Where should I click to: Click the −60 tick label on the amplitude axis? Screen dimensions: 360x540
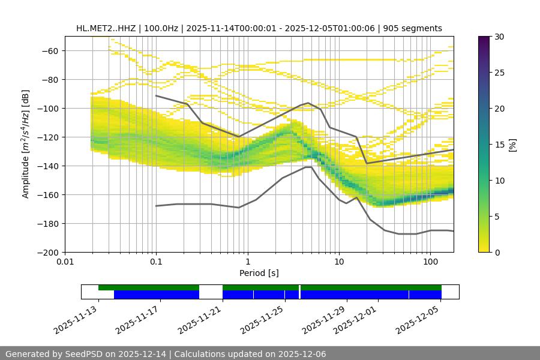click(50, 50)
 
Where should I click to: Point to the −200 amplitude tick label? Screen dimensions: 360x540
click(47, 252)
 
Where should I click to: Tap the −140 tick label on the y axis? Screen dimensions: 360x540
click(47, 166)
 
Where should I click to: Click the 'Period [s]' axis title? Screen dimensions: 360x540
click(259, 273)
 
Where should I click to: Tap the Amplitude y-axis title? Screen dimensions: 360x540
click(25, 144)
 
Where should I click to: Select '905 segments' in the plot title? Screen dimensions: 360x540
click(413, 28)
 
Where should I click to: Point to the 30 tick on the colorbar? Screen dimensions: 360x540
click(499, 37)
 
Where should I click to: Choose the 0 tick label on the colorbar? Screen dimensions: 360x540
click(497, 252)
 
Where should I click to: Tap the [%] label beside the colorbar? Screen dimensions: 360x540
click(512, 145)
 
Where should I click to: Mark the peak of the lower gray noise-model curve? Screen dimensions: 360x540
click(308, 167)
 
